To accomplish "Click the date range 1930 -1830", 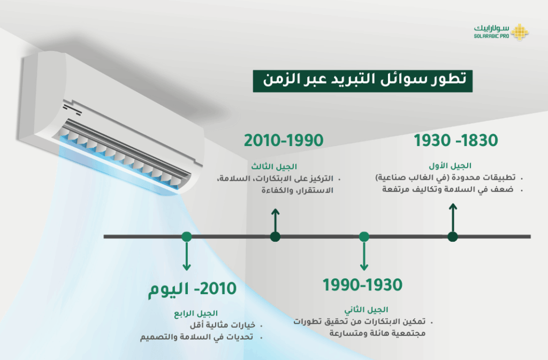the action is click(x=456, y=140).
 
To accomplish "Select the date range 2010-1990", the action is click(x=284, y=140).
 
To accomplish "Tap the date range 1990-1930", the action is click(x=362, y=285).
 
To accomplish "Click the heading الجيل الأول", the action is click(x=450, y=165).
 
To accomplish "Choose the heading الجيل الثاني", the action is click(x=366, y=310).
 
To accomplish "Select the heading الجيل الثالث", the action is click(x=274, y=166).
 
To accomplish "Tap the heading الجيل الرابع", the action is click(x=196, y=313).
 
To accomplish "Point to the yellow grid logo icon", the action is click(x=520, y=32).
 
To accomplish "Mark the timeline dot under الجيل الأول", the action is click(x=453, y=237).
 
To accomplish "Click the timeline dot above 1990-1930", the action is click(x=364, y=237).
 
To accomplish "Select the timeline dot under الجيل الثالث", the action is click(x=275, y=237).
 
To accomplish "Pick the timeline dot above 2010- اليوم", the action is click(x=187, y=237).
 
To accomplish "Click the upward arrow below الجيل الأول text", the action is click(x=453, y=218).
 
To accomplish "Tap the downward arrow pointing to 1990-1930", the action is click(x=364, y=256).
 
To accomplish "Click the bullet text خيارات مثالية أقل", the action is click(x=223, y=325).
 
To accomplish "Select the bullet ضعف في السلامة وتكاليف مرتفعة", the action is click(x=448, y=189).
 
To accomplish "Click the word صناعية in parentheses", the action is click(x=389, y=178).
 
